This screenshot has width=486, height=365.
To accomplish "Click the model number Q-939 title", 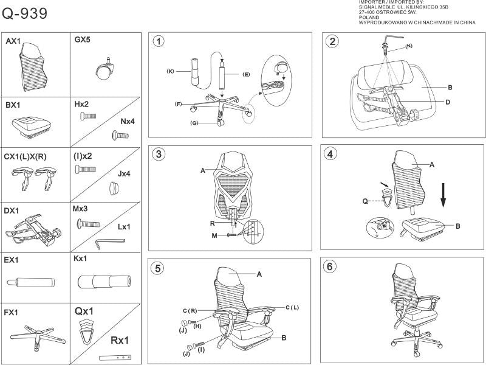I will (25, 13).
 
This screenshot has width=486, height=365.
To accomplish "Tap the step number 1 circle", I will (159, 41).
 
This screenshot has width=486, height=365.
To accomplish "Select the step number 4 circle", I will (330, 153).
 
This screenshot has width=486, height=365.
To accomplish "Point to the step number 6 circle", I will (330, 266).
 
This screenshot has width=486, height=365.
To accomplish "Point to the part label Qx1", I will (84, 310).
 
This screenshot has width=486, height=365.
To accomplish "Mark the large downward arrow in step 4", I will (444, 196).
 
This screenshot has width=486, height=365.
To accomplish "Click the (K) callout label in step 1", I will (171, 71).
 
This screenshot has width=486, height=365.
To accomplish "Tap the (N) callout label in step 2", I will (408, 46).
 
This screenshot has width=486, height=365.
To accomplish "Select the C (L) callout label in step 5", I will (293, 308).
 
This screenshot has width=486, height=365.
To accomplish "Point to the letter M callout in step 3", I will (215, 235).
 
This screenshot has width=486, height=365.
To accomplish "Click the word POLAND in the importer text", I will (369, 18).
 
